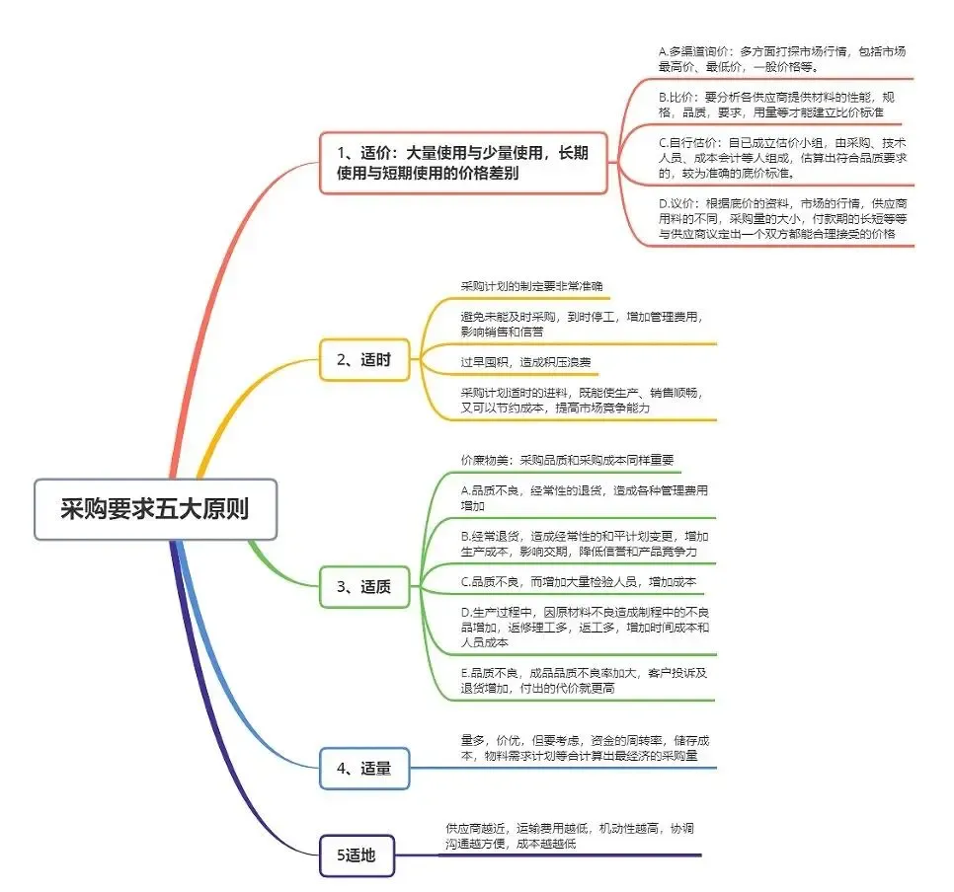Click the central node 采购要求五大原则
(155, 509)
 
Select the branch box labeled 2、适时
(364, 360)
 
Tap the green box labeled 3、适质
(364, 586)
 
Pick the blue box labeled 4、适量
(364, 768)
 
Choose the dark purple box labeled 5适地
(361, 855)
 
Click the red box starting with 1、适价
(463, 163)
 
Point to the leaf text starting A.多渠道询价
(782, 58)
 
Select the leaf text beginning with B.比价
(782, 105)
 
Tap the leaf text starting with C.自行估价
(782, 157)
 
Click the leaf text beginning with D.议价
(782, 217)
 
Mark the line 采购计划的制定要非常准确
(531, 286)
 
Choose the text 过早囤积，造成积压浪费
(525, 362)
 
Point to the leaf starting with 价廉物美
(567, 460)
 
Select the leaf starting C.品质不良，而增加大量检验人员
(578, 582)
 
